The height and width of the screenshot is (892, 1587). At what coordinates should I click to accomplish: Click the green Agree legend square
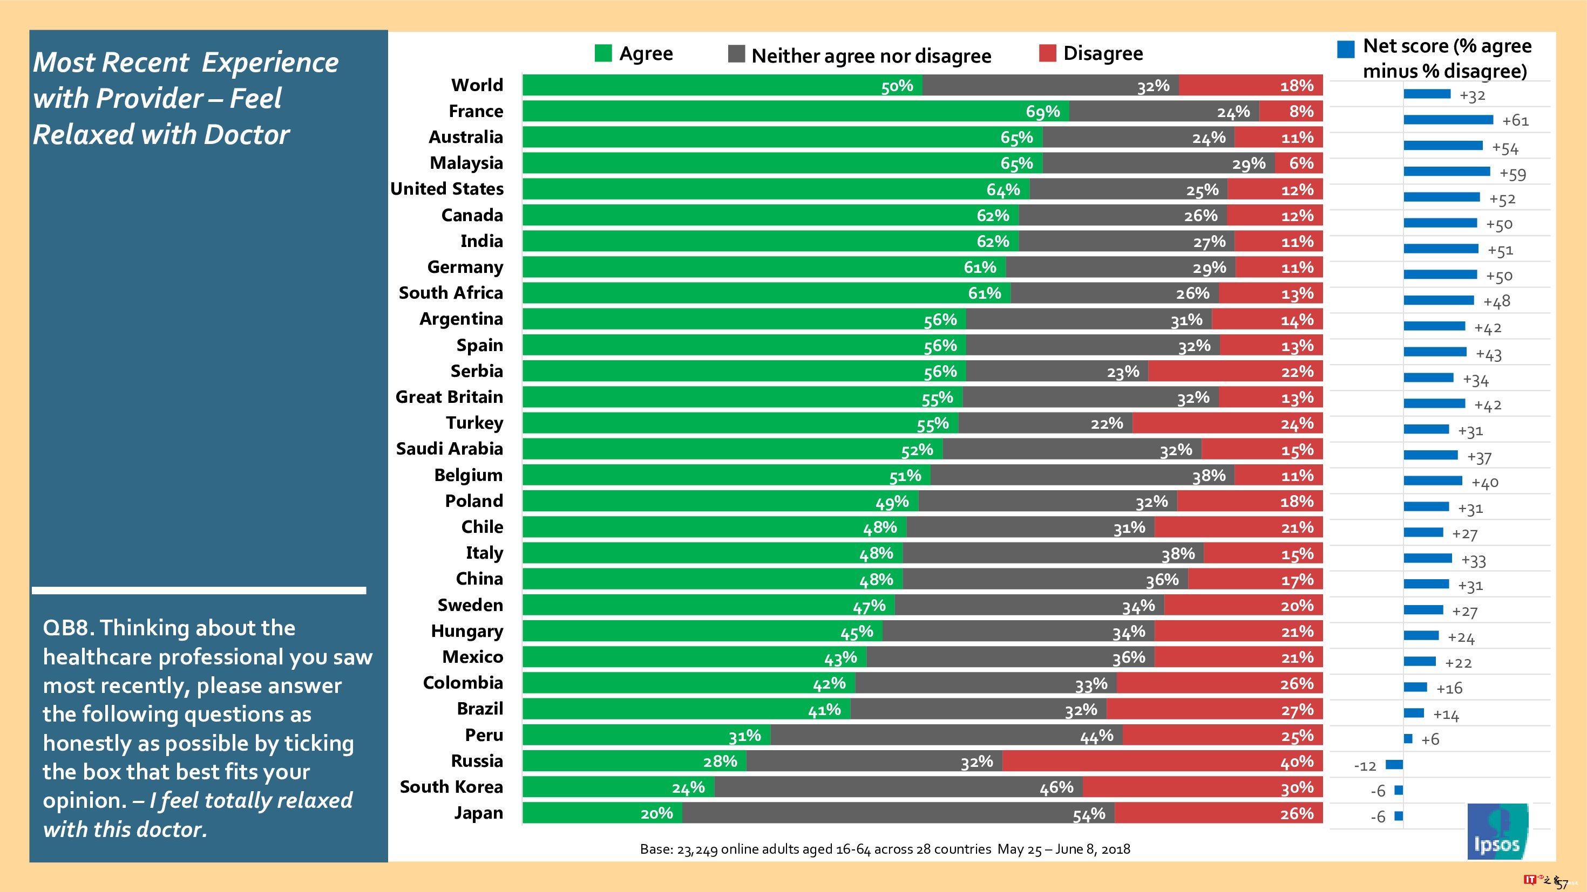point(603,53)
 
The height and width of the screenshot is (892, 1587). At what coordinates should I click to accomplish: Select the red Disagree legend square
point(1047,53)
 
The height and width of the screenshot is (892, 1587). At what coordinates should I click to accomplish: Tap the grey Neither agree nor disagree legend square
point(736,54)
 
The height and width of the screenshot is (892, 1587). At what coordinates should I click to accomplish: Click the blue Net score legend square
point(1346,49)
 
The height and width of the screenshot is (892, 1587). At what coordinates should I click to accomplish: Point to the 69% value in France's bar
point(1042,112)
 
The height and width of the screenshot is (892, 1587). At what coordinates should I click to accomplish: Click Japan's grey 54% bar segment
point(898,813)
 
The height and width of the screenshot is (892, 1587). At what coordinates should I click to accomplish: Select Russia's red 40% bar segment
point(1162,761)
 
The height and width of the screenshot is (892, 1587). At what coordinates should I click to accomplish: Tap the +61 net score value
point(1515,121)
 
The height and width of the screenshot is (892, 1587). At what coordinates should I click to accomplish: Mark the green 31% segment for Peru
point(646,736)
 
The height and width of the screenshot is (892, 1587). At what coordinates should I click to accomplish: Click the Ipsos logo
point(1497,832)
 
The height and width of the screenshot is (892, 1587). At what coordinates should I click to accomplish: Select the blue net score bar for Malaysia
point(1447,171)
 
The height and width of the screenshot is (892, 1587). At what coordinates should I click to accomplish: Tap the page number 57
point(1562,884)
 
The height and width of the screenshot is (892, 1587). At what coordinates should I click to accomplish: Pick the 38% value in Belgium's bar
point(1208,476)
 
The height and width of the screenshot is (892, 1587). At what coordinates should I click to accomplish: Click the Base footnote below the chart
point(885,849)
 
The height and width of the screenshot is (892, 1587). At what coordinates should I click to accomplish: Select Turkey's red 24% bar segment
point(1227,423)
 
